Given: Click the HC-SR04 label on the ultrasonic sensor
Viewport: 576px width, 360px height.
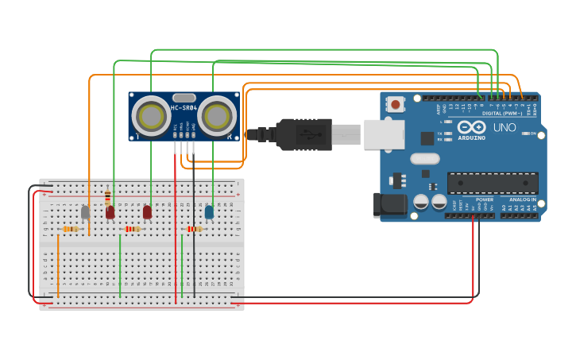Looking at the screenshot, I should point(184,108).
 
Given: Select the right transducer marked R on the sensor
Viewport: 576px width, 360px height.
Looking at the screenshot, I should point(216,116).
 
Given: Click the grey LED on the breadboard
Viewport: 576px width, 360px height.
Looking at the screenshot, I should point(85,212).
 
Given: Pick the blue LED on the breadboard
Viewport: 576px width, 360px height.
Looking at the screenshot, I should point(209,212).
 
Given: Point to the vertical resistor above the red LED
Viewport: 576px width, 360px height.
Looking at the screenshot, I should point(108,196).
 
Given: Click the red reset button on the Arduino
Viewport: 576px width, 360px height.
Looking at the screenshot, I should point(395,103).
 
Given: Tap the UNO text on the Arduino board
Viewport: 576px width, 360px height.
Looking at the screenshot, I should point(504,127).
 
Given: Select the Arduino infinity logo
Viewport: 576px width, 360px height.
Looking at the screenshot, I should point(470,127).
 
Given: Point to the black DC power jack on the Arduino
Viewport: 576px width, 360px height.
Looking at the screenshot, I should point(391,204).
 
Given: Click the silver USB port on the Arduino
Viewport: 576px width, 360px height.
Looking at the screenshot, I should point(384,134).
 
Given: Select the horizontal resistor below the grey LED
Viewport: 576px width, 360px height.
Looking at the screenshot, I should point(71,229).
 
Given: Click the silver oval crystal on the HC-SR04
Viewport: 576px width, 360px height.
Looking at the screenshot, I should point(183,97).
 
